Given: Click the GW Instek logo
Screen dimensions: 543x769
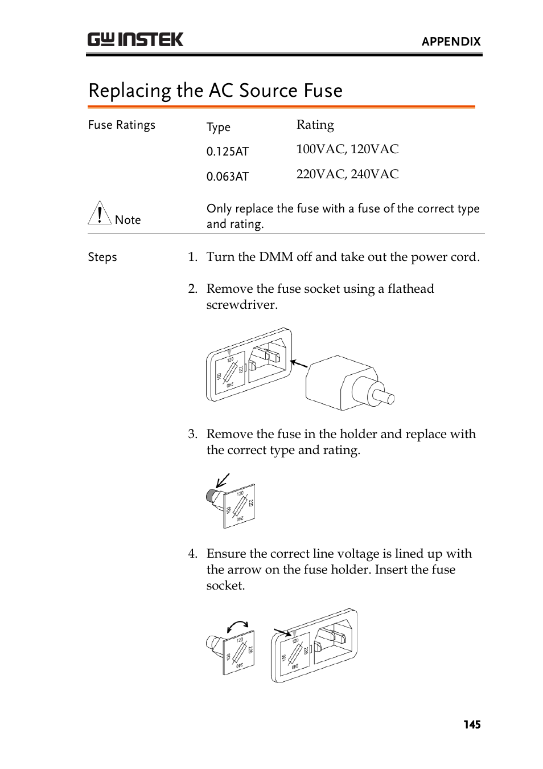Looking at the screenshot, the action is coord(135,39).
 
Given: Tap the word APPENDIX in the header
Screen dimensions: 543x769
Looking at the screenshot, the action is coord(451,42).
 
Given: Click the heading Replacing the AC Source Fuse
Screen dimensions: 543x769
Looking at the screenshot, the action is coord(215,91).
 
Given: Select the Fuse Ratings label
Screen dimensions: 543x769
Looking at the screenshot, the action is coord(121,125).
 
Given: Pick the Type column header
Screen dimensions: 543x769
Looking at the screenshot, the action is coord(218,127).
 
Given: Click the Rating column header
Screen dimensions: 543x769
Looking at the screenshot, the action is coord(315,125).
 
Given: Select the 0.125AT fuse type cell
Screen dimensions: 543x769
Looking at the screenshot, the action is coord(227,152).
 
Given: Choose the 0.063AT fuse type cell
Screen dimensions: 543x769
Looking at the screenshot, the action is coord(227,177).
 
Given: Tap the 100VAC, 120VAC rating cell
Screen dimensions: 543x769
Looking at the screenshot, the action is coord(347,149).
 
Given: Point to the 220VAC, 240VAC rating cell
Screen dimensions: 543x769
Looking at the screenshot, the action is coord(347,174).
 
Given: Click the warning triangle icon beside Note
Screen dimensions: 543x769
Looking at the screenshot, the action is coord(100,213).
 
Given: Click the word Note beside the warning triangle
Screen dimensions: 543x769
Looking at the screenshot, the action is coord(127,220).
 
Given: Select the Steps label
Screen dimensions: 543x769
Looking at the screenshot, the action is coord(102,257).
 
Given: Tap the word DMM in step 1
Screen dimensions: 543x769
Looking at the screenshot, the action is coord(276,257).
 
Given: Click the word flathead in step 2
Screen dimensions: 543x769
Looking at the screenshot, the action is coord(410,289).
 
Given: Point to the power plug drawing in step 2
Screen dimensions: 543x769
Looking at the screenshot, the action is coord(348,383).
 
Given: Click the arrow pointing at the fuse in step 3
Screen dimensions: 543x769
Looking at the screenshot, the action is coord(223,480).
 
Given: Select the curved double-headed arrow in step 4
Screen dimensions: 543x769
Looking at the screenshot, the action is coord(237,626).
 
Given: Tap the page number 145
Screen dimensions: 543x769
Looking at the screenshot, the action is coord(472,725).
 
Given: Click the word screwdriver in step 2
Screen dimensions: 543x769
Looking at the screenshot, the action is coord(241,305).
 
